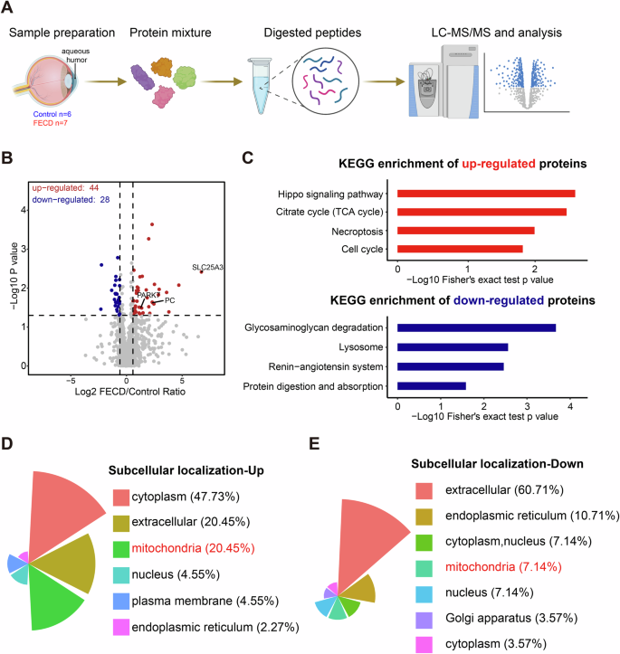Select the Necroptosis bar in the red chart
[466, 231]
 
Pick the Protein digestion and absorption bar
[432, 386]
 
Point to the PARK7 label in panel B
[146, 296]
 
